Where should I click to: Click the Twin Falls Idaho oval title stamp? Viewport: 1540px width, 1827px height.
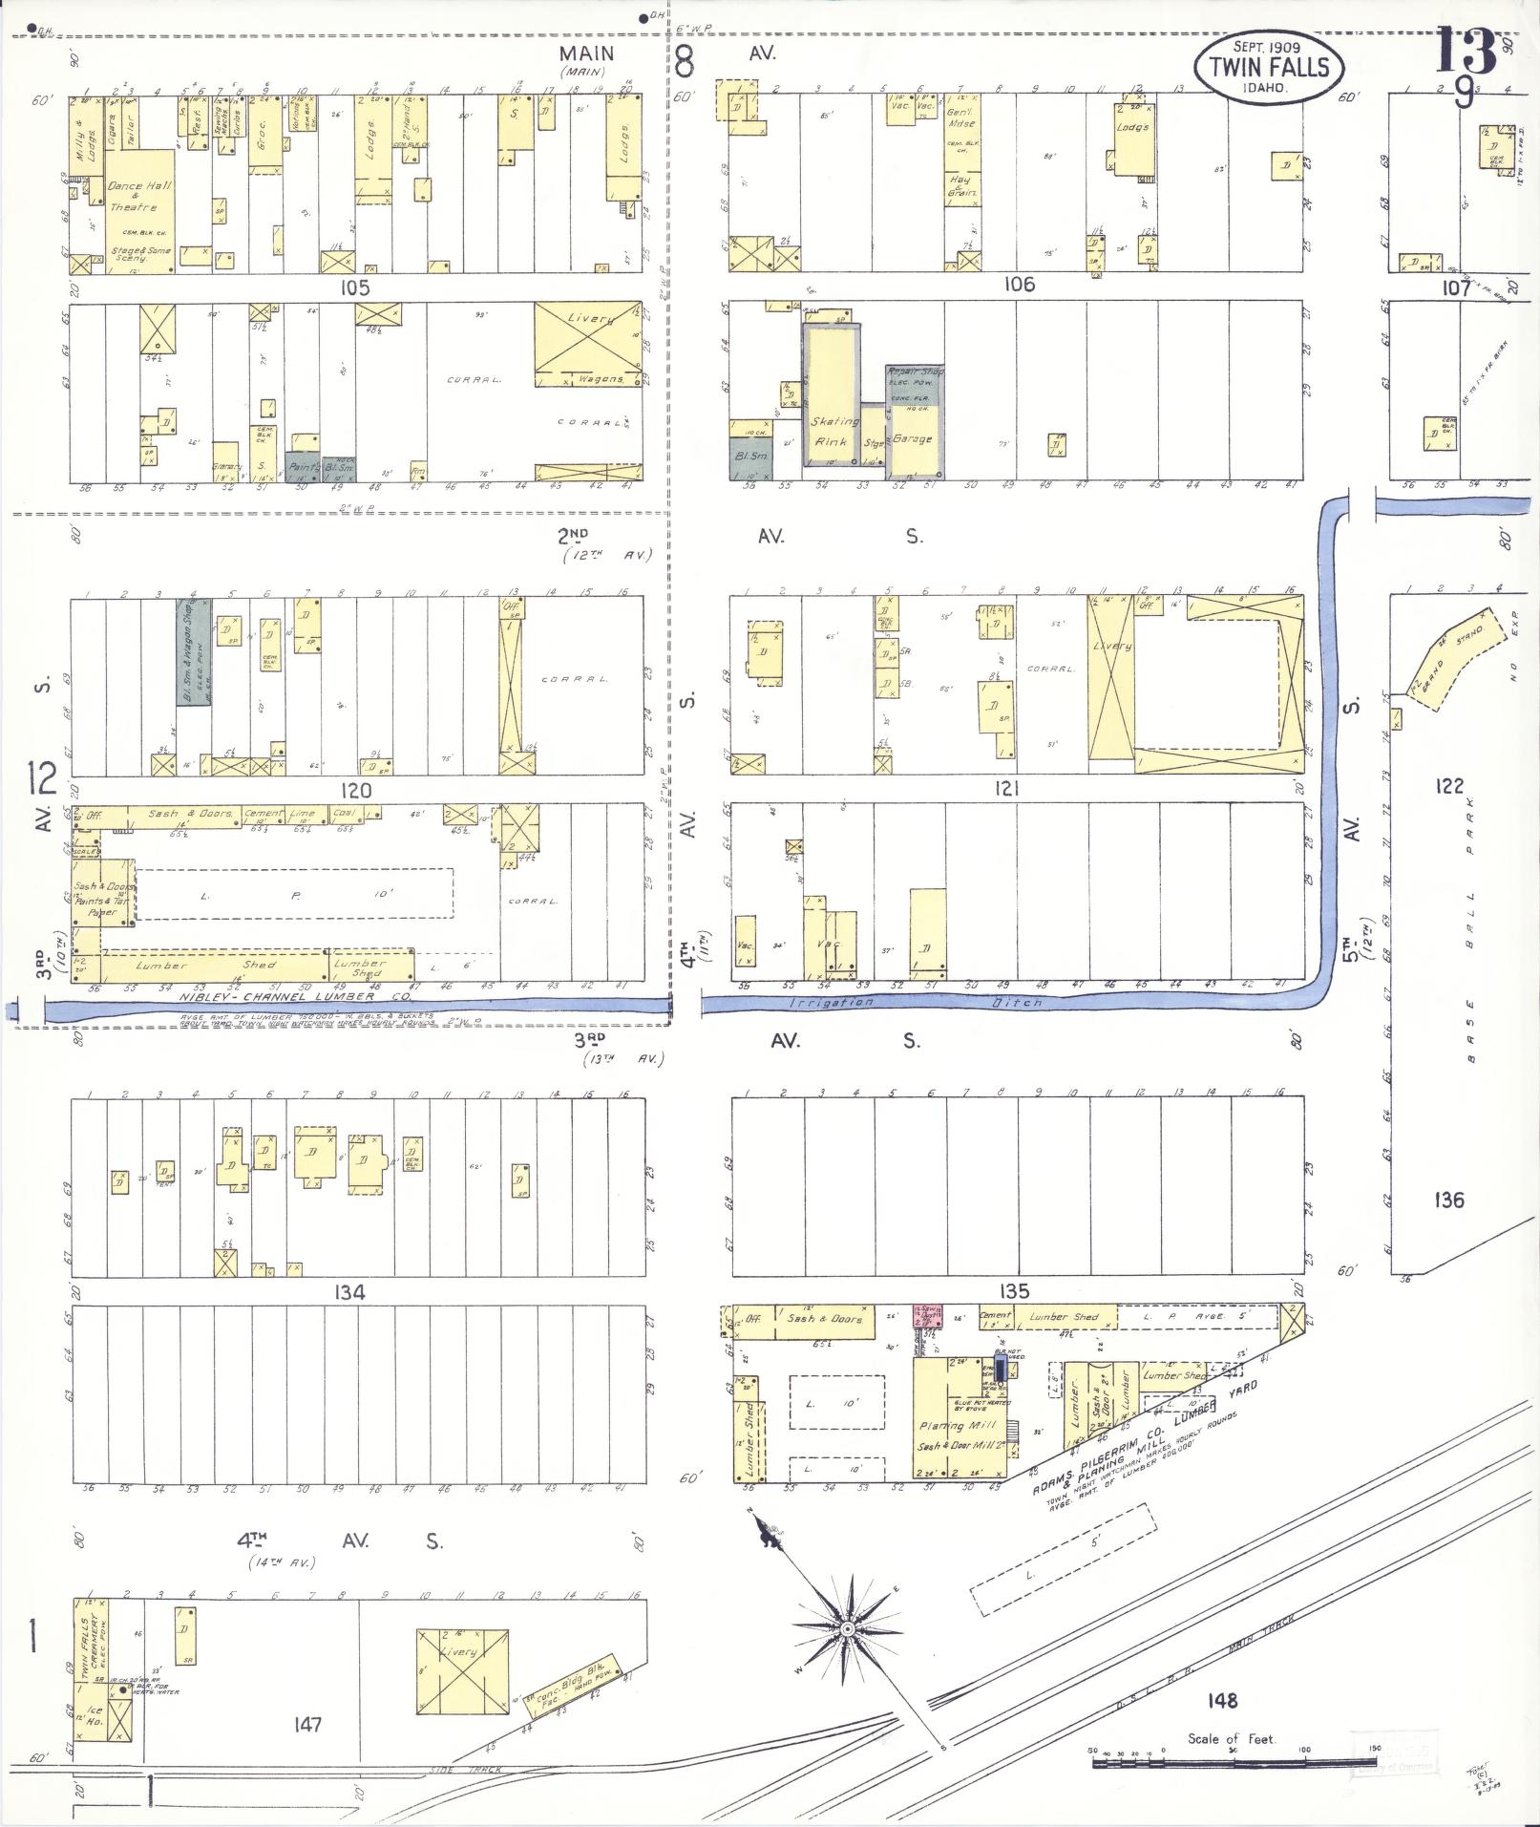click(1268, 66)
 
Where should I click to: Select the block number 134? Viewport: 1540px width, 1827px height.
click(349, 1292)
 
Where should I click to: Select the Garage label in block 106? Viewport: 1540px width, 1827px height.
click(912, 439)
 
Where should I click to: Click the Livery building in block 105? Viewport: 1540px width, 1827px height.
click(587, 344)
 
